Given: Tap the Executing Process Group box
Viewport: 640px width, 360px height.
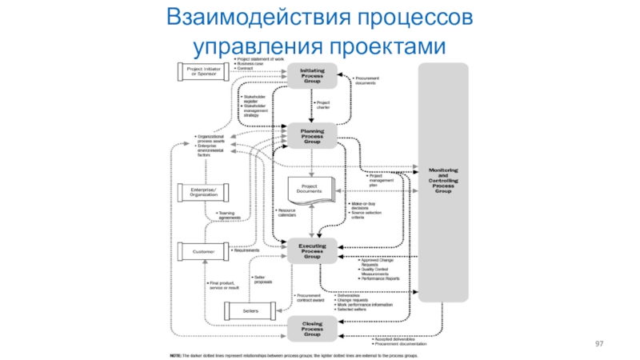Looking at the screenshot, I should coord(312,250).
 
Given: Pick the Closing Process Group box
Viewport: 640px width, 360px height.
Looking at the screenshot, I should coord(312,327).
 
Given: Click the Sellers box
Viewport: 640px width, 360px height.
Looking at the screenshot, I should coord(249,309).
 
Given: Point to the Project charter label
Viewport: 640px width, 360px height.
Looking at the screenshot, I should coord(323,104).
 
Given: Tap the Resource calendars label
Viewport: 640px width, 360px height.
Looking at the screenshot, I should coord(289,214).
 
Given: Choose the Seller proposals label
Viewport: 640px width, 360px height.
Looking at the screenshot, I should coord(265,278).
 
